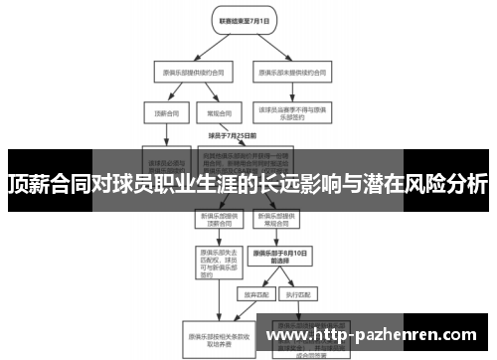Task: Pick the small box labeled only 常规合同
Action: point(211,112)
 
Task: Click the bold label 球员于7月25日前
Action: point(232,135)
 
